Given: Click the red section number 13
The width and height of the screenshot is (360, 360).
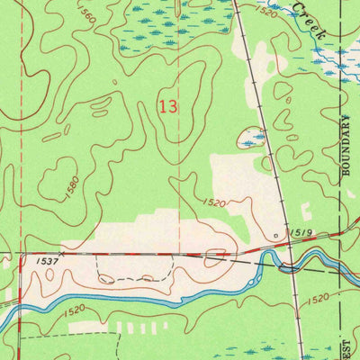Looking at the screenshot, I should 166,106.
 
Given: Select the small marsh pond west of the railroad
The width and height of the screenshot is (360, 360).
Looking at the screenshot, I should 252,139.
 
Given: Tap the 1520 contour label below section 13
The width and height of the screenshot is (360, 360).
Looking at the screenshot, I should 213,203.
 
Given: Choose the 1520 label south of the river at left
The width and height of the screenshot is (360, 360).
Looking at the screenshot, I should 75,310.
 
